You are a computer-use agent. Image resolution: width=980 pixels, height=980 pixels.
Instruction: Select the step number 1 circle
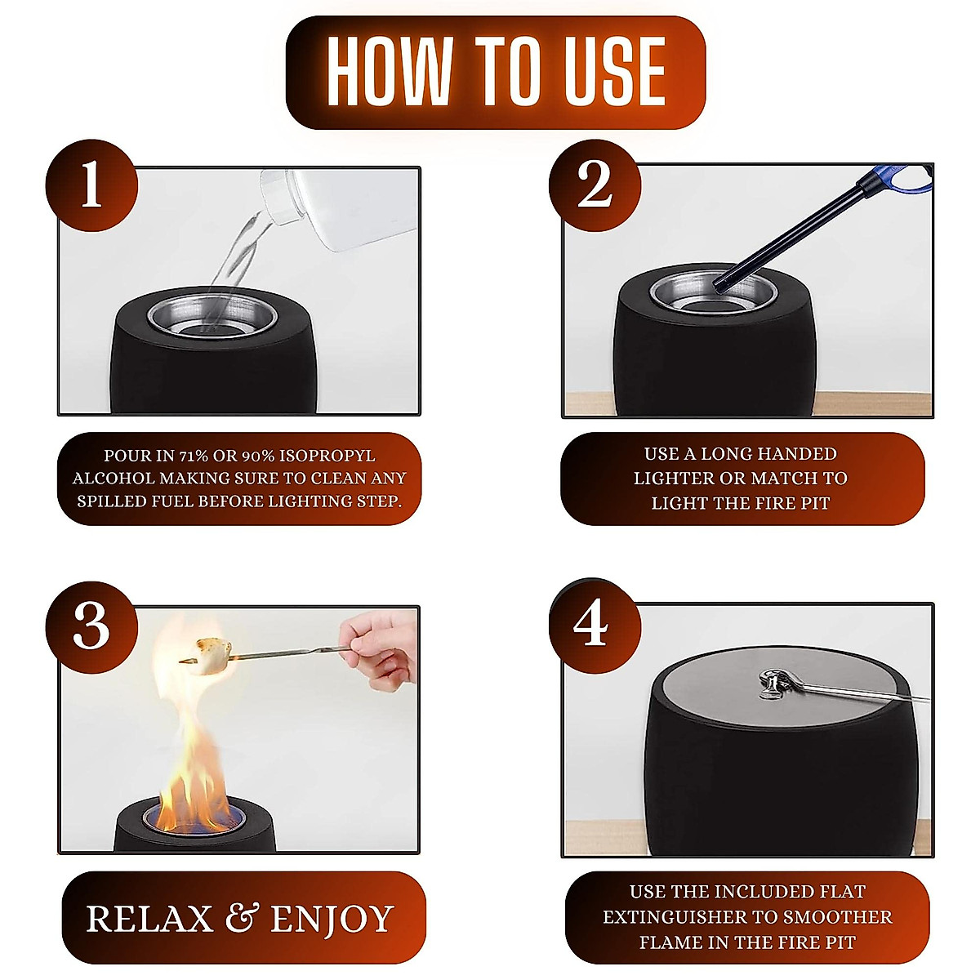91,185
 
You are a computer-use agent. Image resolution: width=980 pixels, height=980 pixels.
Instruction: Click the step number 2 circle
595,185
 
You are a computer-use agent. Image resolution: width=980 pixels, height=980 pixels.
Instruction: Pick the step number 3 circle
91,626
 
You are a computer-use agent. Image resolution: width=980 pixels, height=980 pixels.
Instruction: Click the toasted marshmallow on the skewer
209,656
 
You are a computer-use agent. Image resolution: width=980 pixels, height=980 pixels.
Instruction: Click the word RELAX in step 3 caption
149,919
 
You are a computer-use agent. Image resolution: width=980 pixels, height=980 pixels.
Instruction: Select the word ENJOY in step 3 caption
332,919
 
